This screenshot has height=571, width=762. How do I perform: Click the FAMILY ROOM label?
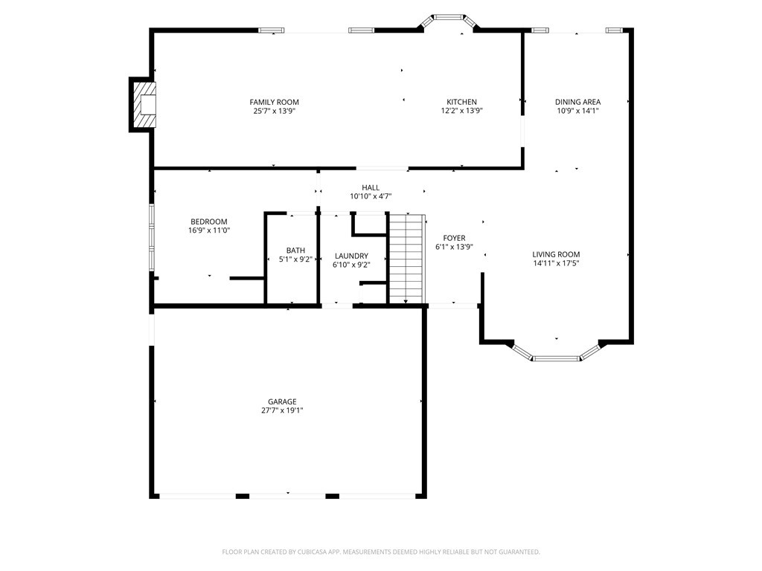pos(274,102)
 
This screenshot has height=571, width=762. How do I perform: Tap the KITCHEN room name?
pos(461,102)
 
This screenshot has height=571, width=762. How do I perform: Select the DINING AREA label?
pos(577,102)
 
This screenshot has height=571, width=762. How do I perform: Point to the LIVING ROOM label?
pos(556,254)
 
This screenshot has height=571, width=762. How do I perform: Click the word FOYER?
pos(455,238)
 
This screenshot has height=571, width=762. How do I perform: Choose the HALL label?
pos(371,187)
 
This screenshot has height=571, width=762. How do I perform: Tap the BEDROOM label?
pos(209,222)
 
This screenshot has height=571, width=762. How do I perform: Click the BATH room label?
pos(295,251)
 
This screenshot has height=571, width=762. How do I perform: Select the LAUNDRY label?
pos(351,256)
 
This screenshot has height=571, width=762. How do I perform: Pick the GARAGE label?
pos(282,401)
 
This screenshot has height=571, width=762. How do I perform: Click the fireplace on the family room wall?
pos(143,104)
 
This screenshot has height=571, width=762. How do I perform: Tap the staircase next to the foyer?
pos(406,258)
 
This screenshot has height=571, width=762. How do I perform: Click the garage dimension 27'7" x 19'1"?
pos(282,410)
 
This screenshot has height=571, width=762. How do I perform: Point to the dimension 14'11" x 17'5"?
pos(556,264)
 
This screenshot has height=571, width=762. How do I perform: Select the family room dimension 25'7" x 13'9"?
pos(274,112)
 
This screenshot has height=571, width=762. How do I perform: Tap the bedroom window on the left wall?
pos(152,237)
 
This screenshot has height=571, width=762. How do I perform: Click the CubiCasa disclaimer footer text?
pos(381,552)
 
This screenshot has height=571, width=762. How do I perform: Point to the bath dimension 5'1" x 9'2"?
pos(295,259)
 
